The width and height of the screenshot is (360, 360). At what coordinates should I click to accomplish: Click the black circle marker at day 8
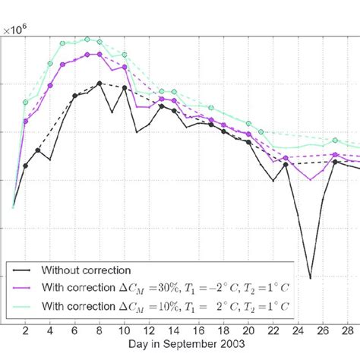99,84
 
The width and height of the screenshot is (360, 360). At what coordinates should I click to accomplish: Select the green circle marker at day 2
25,102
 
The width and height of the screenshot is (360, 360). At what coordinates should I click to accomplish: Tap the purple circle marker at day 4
50,85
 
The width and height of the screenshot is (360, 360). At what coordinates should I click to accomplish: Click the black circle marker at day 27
335,162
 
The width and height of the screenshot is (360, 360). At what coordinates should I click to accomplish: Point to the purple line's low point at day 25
310,179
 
